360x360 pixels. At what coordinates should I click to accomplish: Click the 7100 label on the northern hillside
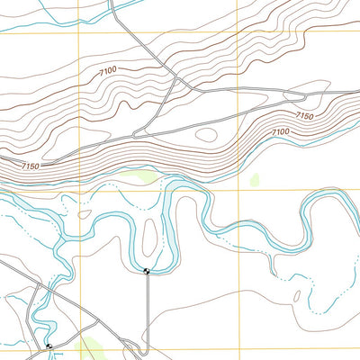(x=108, y=69)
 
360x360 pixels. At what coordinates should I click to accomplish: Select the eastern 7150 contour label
(x=304, y=116)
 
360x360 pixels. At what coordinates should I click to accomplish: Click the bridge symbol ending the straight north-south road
(x=147, y=271)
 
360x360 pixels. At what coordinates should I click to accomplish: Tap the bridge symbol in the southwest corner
(x=49, y=346)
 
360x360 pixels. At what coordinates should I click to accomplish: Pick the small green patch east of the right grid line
(x=255, y=178)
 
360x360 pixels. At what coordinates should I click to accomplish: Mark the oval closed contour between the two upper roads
(x=206, y=135)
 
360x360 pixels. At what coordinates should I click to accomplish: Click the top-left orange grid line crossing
(x=78, y=33)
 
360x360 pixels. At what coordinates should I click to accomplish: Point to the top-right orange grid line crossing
(x=238, y=33)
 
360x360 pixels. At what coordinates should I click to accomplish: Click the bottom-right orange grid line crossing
(x=238, y=347)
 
